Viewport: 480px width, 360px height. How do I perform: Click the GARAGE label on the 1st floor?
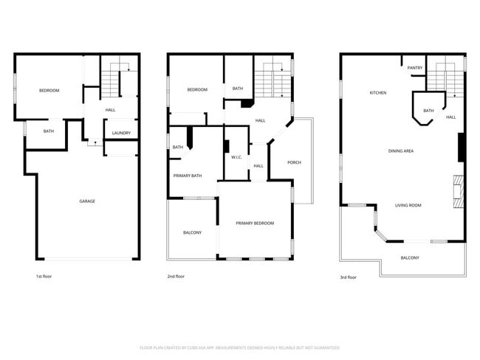(x=87, y=201)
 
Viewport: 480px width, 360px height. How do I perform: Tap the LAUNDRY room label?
(x=122, y=133)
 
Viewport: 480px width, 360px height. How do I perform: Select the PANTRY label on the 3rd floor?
(x=415, y=68)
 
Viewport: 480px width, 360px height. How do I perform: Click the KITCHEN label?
(x=378, y=93)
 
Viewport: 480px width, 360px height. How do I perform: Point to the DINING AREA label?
(x=400, y=151)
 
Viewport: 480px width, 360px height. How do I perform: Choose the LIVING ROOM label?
(x=408, y=205)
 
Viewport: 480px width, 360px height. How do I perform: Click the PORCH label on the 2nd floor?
(x=294, y=162)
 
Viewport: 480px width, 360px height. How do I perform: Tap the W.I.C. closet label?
(x=237, y=156)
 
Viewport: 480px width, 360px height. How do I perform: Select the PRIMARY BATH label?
(x=188, y=176)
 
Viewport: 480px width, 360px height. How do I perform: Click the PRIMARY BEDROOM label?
(x=255, y=223)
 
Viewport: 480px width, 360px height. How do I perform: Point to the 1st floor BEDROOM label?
(x=49, y=91)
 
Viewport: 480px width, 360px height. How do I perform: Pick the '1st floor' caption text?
(x=44, y=277)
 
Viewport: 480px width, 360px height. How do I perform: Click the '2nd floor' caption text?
(x=176, y=277)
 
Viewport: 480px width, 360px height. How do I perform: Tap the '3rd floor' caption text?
(x=348, y=277)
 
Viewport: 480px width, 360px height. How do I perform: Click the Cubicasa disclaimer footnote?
(x=240, y=347)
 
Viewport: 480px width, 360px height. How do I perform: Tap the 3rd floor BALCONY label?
(x=410, y=257)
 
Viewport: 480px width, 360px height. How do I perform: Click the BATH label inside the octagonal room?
(x=428, y=111)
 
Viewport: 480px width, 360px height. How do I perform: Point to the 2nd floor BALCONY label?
(x=192, y=233)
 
